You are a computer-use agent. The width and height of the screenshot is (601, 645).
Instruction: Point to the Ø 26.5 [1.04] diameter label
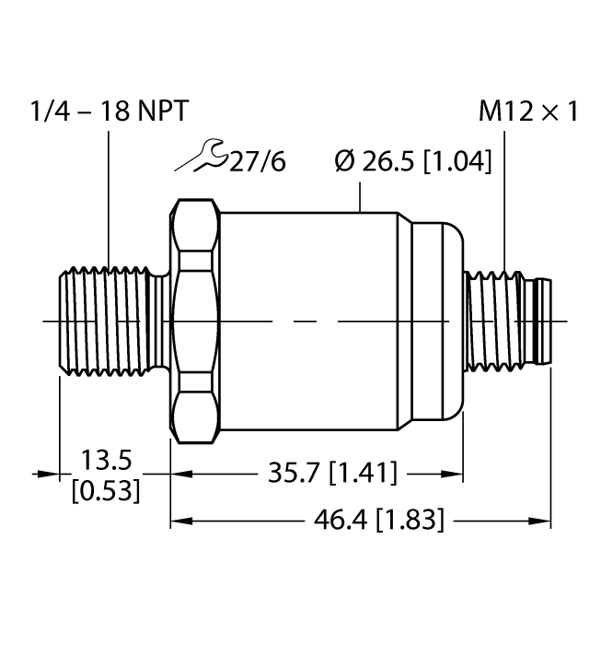click(412, 162)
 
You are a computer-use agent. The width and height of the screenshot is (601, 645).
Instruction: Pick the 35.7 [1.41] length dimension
click(330, 474)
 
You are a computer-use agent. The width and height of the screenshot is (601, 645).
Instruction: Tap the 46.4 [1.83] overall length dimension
click(377, 522)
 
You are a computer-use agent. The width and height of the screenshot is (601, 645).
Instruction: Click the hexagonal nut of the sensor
click(195, 320)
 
